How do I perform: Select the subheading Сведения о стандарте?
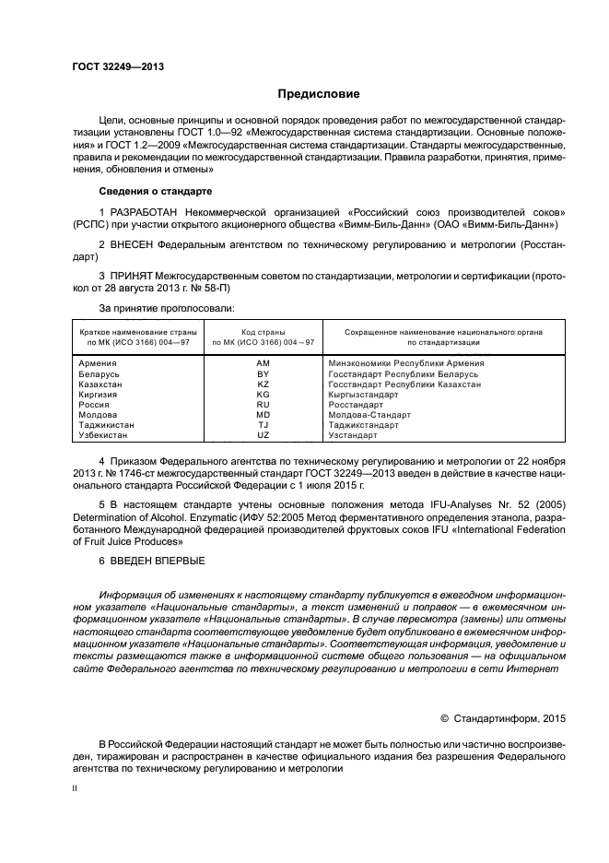tap(155, 190)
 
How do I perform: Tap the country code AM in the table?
tap(263, 364)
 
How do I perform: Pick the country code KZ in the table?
tap(263, 384)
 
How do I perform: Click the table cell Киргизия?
tap(99, 395)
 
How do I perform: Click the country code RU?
tap(263, 405)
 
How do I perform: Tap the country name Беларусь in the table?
tap(100, 374)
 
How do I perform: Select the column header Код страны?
tap(263, 331)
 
